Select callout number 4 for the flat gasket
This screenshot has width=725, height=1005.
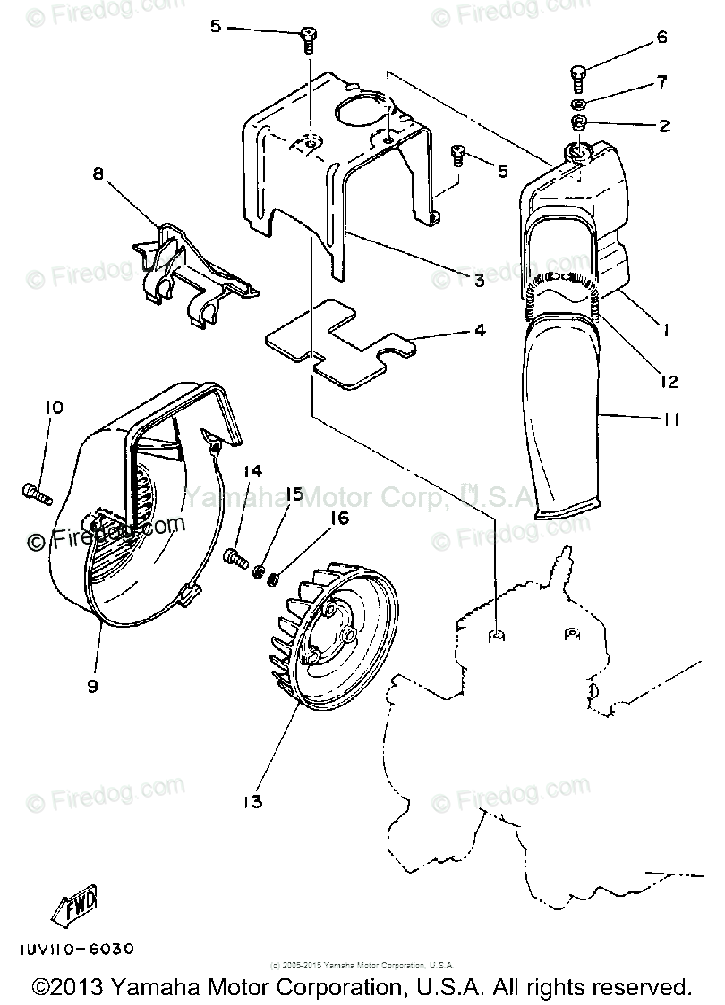tap(480, 330)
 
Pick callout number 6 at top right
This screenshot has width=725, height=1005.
tap(661, 38)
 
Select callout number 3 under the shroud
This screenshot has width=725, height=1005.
tap(480, 280)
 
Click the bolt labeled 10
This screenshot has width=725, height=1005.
tap(36, 490)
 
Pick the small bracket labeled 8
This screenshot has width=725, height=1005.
tap(192, 268)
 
